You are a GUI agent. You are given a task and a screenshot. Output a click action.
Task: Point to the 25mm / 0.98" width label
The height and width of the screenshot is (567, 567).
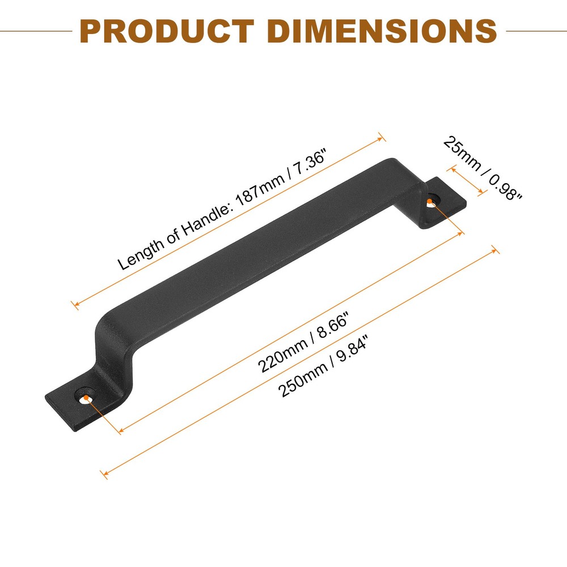[483, 168]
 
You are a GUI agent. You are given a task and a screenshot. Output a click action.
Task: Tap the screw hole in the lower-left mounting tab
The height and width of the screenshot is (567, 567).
[86, 398]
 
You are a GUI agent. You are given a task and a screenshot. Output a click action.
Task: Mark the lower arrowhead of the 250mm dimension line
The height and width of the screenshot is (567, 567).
[103, 473]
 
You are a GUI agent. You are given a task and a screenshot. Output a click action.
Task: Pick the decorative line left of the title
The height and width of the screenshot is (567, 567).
[36, 31]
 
